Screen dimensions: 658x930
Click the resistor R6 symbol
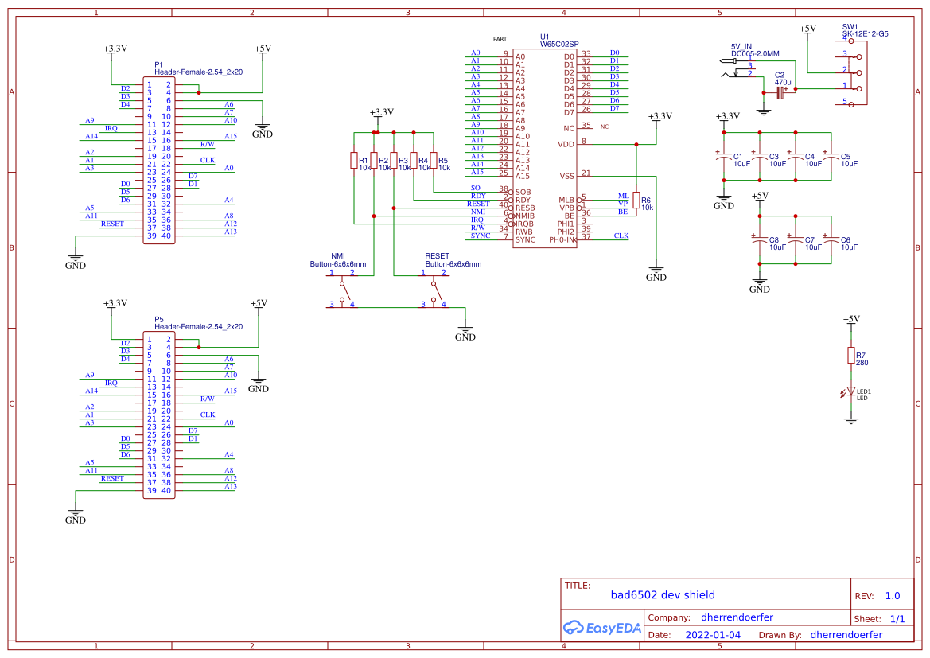[x=636, y=203]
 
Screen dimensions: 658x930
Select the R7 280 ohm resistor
[x=851, y=355]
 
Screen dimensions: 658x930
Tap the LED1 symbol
[x=851, y=392]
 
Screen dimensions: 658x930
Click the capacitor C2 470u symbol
[x=780, y=90]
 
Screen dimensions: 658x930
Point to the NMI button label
[x=339, y=256]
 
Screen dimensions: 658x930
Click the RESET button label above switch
[x=437, y=256]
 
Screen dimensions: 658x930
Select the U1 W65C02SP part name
[x=559, y=45]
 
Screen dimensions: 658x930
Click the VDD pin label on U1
[x=566, y=144]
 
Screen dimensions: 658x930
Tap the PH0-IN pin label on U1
[x=562, y=239]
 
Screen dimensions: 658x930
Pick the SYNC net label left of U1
[x=481, y=236]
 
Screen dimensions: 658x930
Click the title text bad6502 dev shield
[x=663, y=594]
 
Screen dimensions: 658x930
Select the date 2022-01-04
[x=713, y=635]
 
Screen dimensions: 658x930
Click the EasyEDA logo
[x=602, y=628]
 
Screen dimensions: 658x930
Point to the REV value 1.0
[x=893, y=596]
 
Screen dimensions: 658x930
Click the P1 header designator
[x=159, y=64]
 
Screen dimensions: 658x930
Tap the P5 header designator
[x=159, y=319]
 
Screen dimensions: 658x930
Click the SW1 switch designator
[x=850, y=27]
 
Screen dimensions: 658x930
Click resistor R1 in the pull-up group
[x=354, y=161]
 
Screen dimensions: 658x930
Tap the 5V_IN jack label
[x=741, y=46]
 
